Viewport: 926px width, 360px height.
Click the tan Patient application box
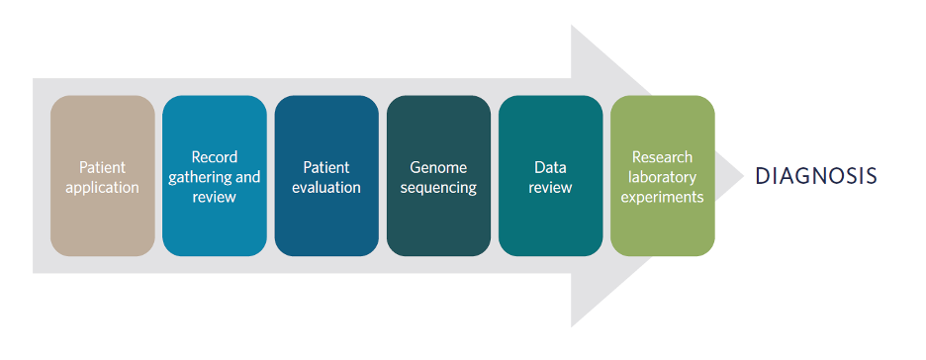pyautogui.click(x=103, y=176)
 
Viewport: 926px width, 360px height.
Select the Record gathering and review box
pyautogui.click(x=215, y=176)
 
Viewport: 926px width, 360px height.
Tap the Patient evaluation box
pyautogui.click(x=326, y=176)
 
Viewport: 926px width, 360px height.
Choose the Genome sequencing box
pyautogui.click(x=438, y=176)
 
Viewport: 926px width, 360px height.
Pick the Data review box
pyautogui.click(x=550, y=176)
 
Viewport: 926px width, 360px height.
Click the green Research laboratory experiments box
pyautogui.click(x=663, y=176)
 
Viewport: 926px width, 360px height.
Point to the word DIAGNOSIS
pyautogui.click(x=816, y=176)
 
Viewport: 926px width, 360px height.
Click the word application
pyautogui.click(x=103, y=188)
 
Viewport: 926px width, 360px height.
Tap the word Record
pyautogui.click(x=215, y=157)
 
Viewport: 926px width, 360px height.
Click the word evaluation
pyautogui.click(x=326, y=188)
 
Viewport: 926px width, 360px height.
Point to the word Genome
pyautogui.click(x=438, y=167)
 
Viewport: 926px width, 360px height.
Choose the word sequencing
pyautogui.click(x=438, y=188)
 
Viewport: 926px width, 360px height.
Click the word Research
pyautogui.click(x=662, y=157)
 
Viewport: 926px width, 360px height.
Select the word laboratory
pyautogui.click(x=662, y=177)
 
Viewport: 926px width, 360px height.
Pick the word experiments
pyautogui.click(x=662, y=197)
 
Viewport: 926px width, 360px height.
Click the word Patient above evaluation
pyautogui.click(x=326, y=167)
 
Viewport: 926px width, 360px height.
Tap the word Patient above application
pyautogui.click(x=103, y=167)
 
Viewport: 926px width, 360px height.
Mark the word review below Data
pyautogui.click(x=550, y=188)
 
